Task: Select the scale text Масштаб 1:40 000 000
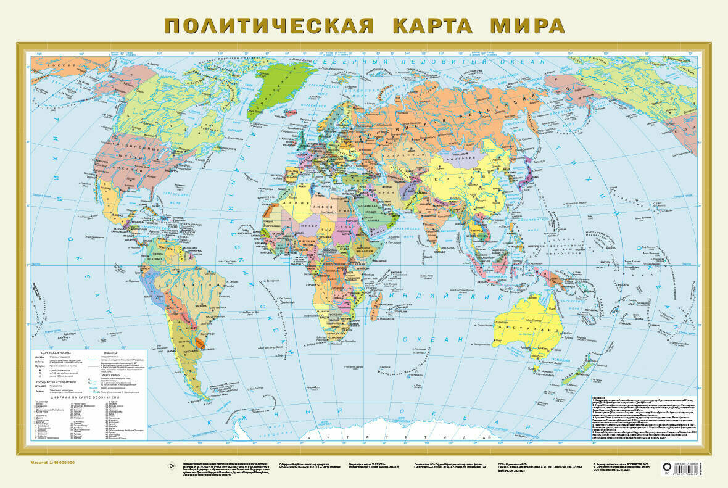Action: pyautogui.click(x=52, y=462)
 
